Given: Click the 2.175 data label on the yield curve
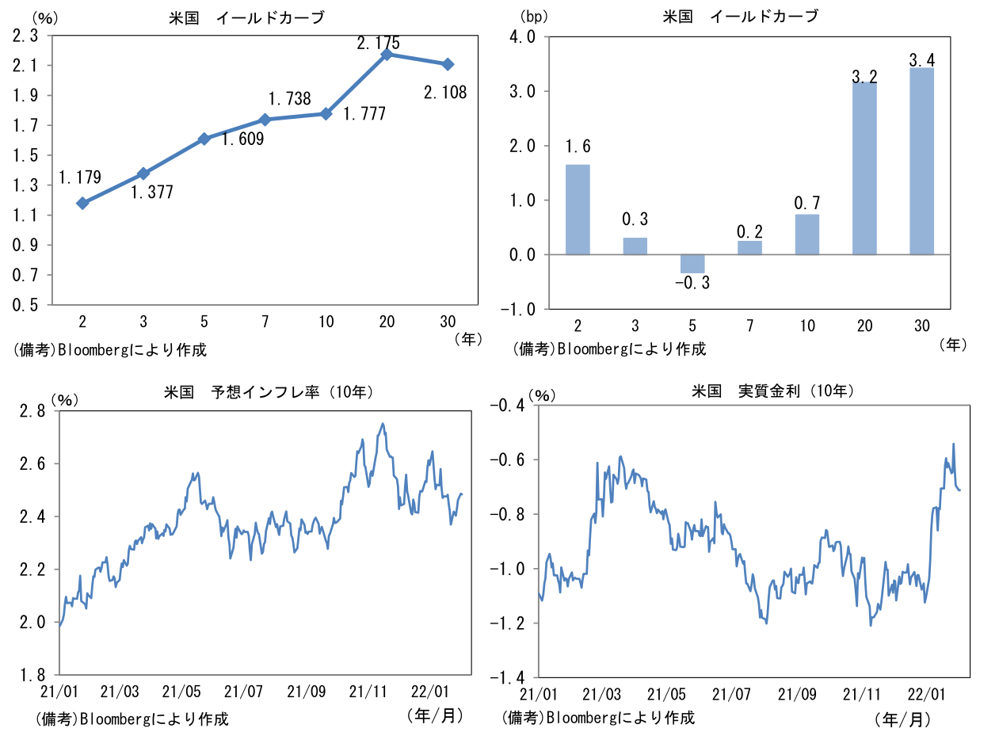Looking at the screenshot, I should pos(378,43).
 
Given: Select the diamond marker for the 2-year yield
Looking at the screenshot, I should pos(82,204).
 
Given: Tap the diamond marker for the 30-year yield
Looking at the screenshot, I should pos(448,64).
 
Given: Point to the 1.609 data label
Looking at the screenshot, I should pos(242,140).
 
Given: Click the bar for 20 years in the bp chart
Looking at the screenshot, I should pos(864,168).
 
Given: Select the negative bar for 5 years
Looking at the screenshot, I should pos(692,264).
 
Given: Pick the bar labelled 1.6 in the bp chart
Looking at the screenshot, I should pos(578,209).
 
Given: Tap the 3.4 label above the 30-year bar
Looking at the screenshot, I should pos(921,59).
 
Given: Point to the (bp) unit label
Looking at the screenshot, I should pos(533,15).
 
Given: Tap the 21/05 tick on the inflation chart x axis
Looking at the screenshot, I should pos(185,691).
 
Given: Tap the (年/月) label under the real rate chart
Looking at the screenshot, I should pos(902,719).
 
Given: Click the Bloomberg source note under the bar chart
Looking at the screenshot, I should pos(609,349).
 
